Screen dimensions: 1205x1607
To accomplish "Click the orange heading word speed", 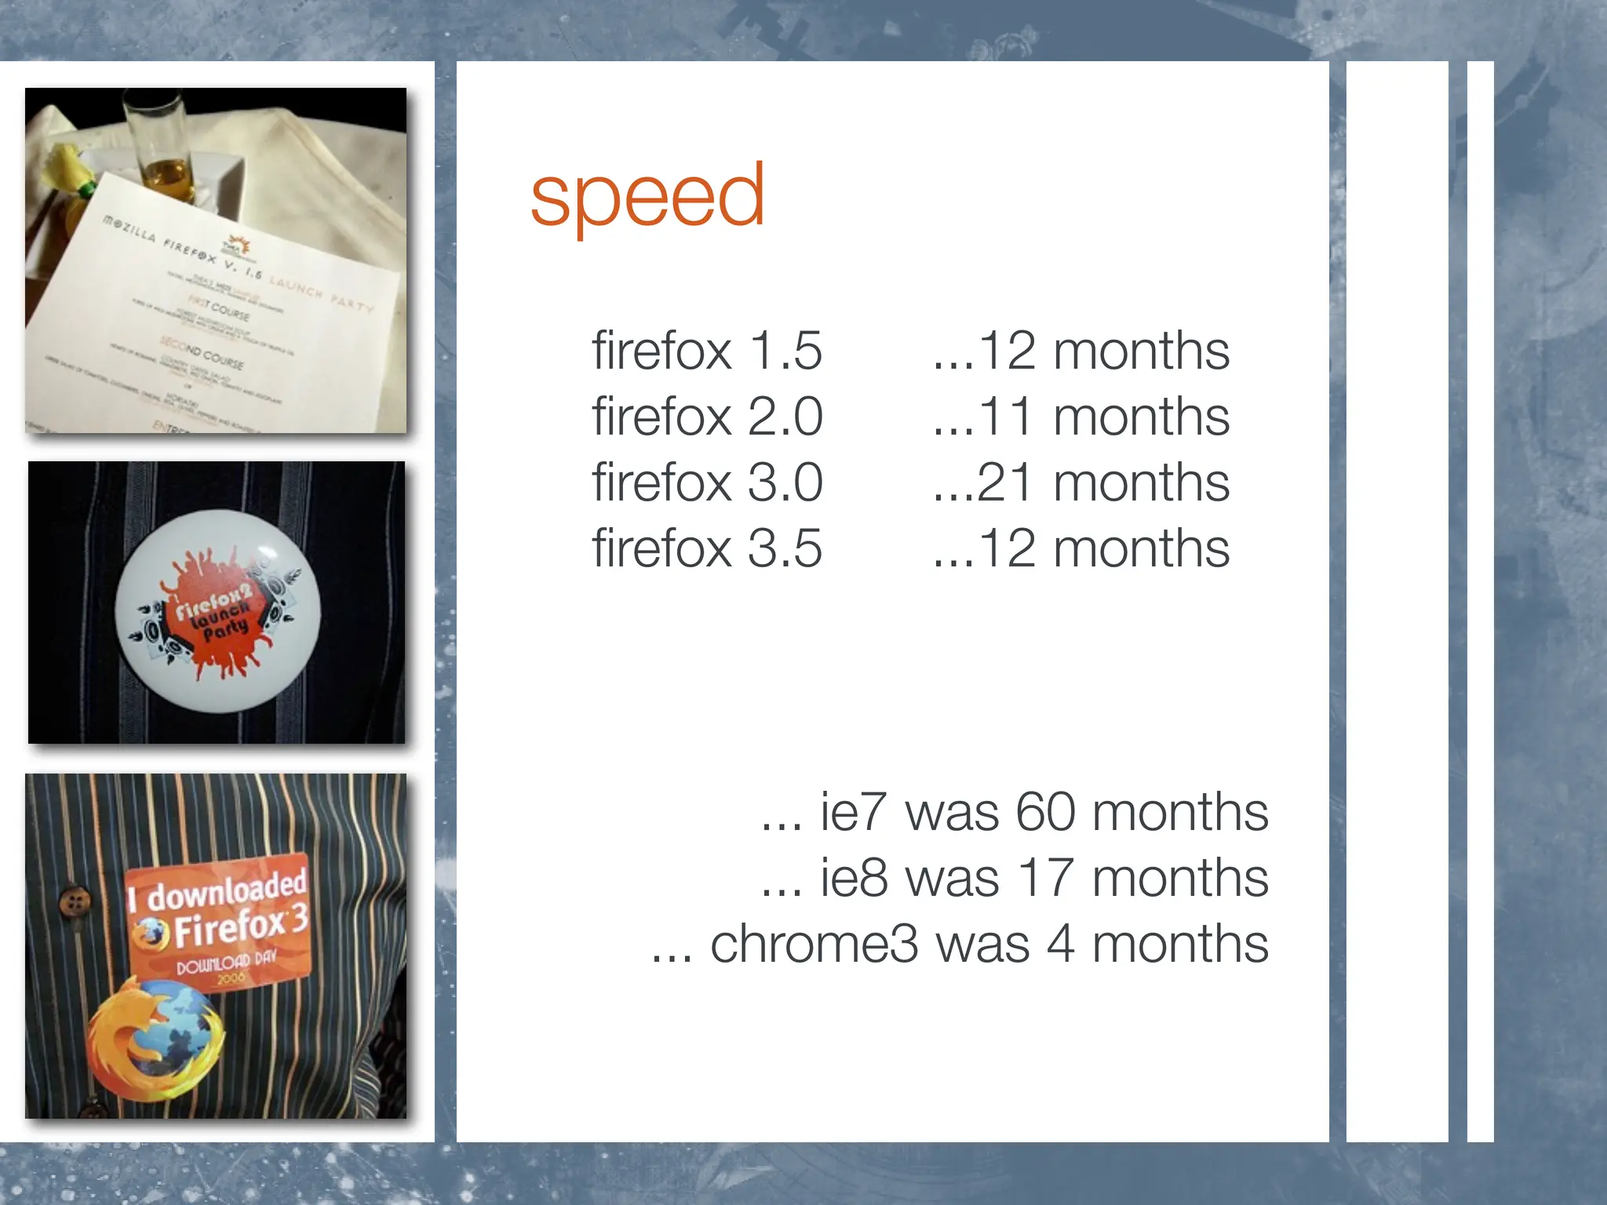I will (x=647, y=195).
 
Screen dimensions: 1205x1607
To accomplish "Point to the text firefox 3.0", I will (x=706, y=482).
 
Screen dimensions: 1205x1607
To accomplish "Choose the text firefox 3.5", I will (x=706, y=548).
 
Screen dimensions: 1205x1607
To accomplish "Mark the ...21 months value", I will (x=1080, y=482).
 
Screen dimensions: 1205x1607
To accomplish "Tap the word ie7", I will (x=854, y=812).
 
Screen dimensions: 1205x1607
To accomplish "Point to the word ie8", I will (x=854, y=878).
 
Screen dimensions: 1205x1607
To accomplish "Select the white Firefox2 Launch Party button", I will (x=217, y=611).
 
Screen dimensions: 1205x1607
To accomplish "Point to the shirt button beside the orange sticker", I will (x=75, y=901).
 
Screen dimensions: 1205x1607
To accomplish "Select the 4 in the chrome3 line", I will (x=1059, y=944).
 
